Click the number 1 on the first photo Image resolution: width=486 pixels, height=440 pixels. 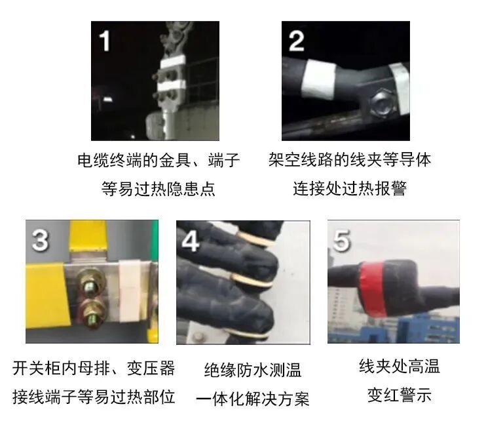[x=105, y=41]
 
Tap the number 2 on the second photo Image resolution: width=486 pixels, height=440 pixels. [x=296, y=41]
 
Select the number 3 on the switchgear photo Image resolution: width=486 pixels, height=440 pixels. [x=41, y=240]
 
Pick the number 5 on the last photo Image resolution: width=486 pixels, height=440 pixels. [x=343, y=241]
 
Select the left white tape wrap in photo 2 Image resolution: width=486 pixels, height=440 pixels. [x=319, y=77]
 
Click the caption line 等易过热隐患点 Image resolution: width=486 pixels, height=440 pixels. [x=159, y=190]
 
